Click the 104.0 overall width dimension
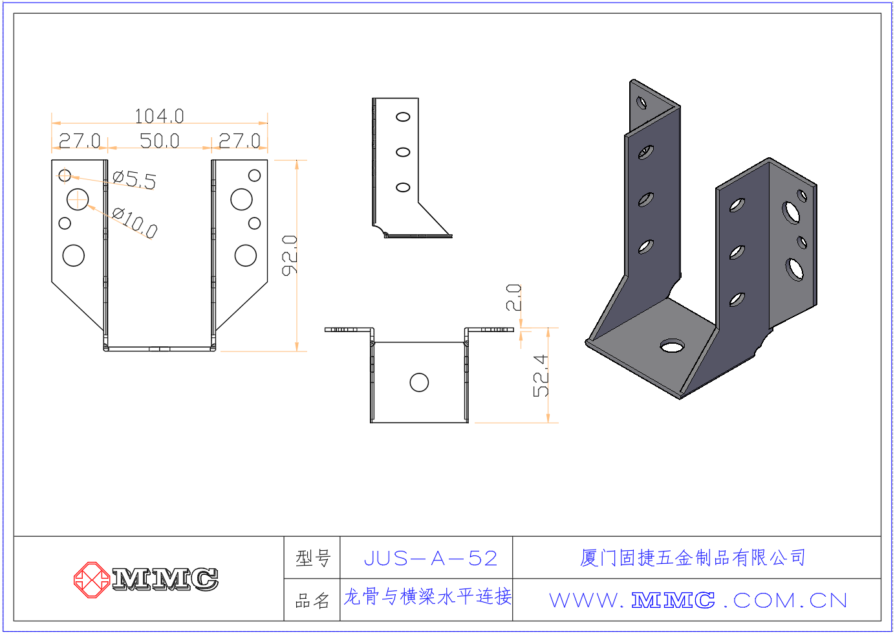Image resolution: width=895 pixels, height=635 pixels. tap(159, 116)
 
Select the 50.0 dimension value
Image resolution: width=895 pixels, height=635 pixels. tap(159, 140)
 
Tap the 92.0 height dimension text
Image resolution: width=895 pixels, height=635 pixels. tap(290, 255)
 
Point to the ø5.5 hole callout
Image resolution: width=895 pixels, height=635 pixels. tap(135, 179)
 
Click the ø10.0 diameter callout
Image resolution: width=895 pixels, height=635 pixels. tap(135, 222)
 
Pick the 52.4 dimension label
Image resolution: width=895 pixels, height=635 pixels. tap(541, 375)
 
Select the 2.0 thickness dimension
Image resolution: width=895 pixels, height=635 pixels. tap(513, 297)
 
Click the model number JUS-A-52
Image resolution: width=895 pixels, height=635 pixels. tap(431, 558)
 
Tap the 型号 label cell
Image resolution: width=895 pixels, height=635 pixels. tap(313, 558)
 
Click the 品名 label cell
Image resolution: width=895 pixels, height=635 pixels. tap(313, 601)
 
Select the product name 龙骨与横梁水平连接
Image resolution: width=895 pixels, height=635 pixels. tap(427, 597)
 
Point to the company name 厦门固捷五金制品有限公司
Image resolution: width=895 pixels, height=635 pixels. tap(693, 557)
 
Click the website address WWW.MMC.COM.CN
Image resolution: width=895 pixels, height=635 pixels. tap(698, 601)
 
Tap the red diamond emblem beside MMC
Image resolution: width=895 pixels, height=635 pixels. tap(91, 579)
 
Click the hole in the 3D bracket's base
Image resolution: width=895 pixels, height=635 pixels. tap(673, 346)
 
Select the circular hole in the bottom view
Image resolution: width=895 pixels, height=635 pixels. tap(419, 383)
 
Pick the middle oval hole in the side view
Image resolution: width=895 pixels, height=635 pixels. tap(403, 152)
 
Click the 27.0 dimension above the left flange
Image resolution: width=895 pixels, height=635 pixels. tap(80, 140)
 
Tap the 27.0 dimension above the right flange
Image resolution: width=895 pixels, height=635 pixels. tap(239, 140)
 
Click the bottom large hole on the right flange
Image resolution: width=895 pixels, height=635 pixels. tap(246, 255)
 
